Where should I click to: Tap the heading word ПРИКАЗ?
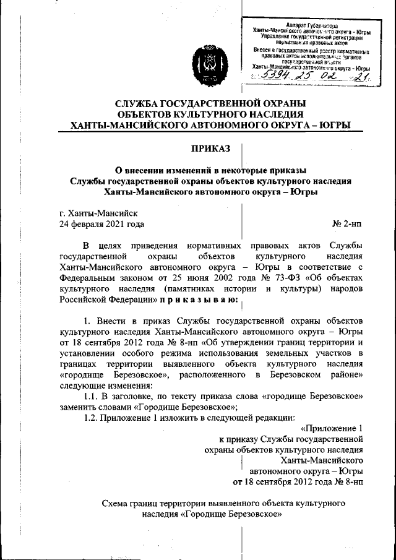pos(210,149)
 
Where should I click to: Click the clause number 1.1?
pos(92,395)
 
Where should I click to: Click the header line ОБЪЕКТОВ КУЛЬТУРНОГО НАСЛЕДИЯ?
pos(210,114)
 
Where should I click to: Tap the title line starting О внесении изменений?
pos(211,170)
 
